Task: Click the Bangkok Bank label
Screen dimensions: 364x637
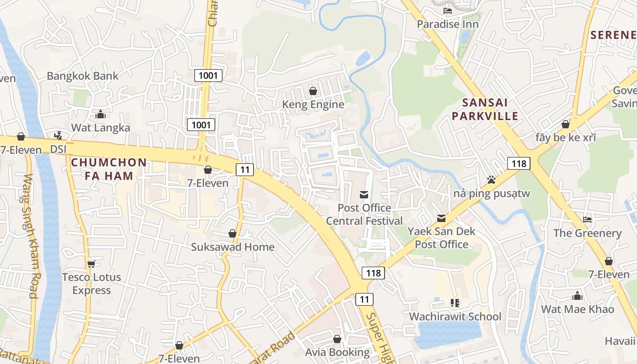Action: click(82, 76)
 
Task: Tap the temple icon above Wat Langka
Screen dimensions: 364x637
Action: click(101, 114)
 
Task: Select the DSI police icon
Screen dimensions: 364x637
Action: click(58, 136)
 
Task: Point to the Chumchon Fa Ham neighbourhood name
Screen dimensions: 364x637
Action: click(109, 169)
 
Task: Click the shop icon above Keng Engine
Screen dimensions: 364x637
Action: click(313, 91)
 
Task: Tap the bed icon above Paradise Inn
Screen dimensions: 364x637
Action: click(448, 11)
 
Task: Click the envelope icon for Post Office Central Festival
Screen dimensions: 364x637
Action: click(364, 195)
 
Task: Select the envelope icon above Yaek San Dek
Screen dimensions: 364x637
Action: click(441, 218)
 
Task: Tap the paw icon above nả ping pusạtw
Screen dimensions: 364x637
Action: click(491, 180)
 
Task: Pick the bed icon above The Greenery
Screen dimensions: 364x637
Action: click(587, 220)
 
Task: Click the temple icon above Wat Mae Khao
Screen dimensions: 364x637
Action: click(577, 296)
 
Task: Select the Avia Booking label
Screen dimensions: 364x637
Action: click(337, 352)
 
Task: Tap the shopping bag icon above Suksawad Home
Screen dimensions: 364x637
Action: click(233, 234)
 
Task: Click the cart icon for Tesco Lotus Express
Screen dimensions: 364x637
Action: click(91, 264)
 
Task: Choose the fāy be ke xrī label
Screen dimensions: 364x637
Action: click(566, 137)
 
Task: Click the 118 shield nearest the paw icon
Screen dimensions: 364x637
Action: click(519, 163)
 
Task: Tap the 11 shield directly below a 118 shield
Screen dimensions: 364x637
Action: click(364, 299)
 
